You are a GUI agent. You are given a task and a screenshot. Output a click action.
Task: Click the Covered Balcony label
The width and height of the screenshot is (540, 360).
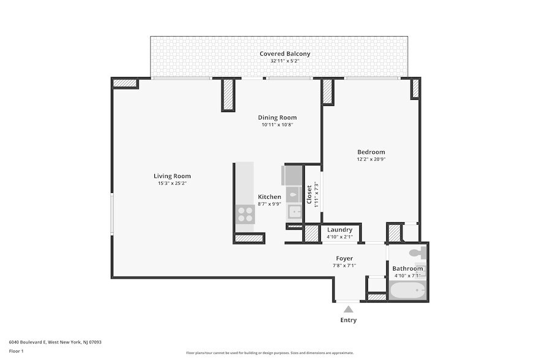point(285,54)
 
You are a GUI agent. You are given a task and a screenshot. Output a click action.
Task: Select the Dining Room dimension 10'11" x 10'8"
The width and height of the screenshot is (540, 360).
point(277,125)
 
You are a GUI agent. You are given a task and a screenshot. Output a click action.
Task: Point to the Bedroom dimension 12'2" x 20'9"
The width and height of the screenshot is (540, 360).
point(371,159)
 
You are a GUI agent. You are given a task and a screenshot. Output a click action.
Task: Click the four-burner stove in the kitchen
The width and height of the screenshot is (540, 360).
point(245,214)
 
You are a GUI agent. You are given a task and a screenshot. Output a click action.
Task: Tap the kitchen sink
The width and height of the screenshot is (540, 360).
point(295,212)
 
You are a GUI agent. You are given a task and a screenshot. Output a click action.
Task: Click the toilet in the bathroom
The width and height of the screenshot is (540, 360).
point(416,253)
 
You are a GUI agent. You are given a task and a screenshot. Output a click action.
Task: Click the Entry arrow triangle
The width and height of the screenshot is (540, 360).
point(348,309)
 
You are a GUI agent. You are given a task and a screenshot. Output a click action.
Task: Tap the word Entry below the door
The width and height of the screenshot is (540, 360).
point(348,320)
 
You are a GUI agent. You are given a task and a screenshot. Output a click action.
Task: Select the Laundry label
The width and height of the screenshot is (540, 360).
point(339,230)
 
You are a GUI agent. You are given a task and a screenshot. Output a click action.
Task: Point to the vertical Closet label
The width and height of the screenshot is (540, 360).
point(309,195)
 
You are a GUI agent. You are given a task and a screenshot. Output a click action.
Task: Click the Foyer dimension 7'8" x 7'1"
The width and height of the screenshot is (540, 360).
point(344,265)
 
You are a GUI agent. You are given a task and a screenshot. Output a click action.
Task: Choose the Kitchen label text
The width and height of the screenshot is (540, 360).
point(269,197)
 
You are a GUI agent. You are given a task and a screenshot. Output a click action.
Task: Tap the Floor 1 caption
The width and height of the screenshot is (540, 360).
point(16,351)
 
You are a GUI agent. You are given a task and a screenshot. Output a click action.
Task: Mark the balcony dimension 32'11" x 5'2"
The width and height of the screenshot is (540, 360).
point(285,61)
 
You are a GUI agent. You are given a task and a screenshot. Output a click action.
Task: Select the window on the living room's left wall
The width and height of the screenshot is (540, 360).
point(111,214)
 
